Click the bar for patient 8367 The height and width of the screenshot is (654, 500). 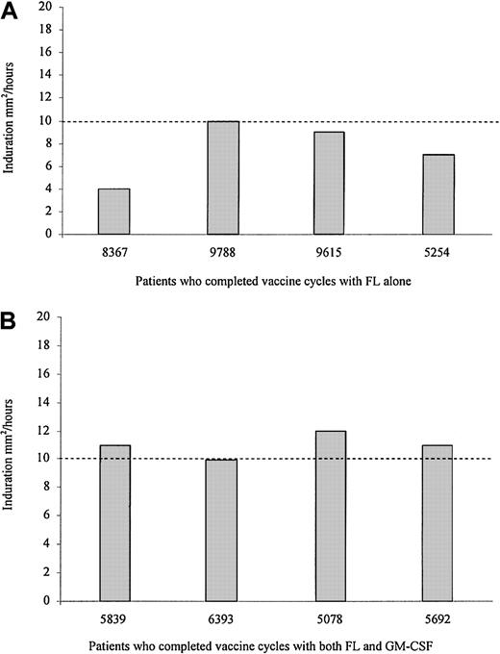tap(114, 212)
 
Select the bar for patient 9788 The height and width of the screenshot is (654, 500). tap(223, 178)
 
